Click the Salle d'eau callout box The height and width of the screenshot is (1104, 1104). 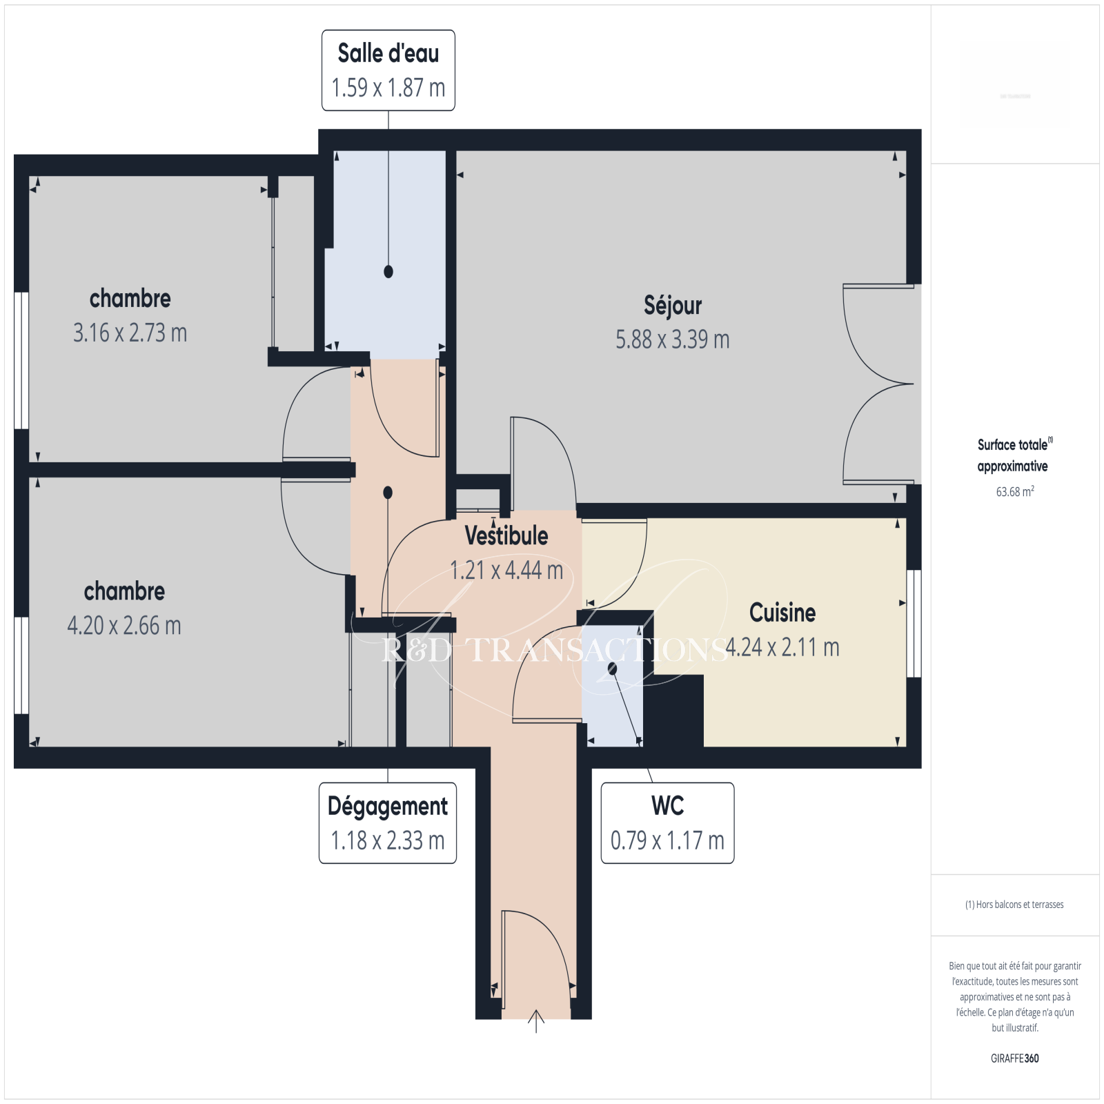(x=388, y=70)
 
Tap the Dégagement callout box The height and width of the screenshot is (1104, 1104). (x=388, y=822)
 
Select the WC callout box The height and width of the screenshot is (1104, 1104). (x=667, y=822)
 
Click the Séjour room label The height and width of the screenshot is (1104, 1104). (x=673, y=305)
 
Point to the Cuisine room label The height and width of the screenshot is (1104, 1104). (x=782, y=613)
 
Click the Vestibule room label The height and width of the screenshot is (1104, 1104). (x=506, y=535)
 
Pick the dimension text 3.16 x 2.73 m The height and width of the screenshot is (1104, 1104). (x=130, y=333)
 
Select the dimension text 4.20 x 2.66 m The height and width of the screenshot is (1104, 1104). (x=124, y=626)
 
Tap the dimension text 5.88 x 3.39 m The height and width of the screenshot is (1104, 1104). (x=673, y=339)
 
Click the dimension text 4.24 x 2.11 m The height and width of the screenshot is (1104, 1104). (x=782, y=647)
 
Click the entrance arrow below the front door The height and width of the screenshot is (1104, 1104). (x=536, y=1021)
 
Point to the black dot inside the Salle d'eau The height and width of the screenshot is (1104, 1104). (x=388, y=272)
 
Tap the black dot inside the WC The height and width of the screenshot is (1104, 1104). (x=612, y=669)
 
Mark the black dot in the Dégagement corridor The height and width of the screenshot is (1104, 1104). (x=388, y=493)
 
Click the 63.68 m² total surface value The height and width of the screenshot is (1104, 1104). (x=1015, y=491)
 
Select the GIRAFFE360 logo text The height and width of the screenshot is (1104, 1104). (x=1015, y=1058)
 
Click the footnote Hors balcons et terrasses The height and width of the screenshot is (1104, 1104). (x=1014, y=905)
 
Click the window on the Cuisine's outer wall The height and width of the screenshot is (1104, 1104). (x=914, y=624)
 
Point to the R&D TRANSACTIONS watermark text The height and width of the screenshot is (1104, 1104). (x=555, y=650)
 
